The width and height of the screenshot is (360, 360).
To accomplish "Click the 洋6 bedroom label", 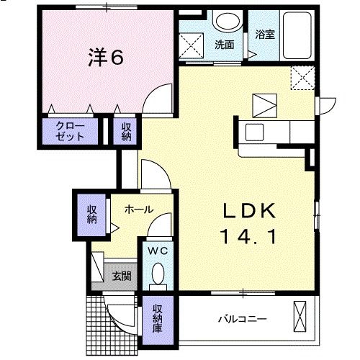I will [x=105, y=58].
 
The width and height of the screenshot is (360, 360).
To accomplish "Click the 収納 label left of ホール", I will [x=92, y=214].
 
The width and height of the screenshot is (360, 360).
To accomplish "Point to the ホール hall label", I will [x=138, y=210].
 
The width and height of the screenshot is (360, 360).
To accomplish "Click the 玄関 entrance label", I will [x=121, y=275].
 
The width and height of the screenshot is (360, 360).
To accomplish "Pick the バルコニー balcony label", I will [x=242, y=318].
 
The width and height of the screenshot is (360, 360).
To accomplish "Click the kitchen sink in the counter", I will [x=256, y=132].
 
